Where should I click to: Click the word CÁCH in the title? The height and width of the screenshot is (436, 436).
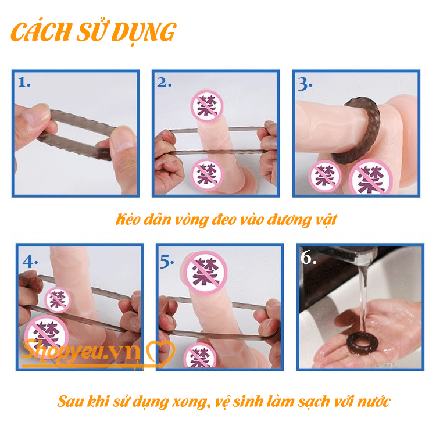pyautogui.click(x=41, y=32)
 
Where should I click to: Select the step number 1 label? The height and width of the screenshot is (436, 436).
pyautogui.click(x=24, y=83)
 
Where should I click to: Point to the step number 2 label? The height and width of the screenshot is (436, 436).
pyautogui.click(x=165, y=83)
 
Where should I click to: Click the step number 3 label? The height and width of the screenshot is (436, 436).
pyautogui.click(x=305, y=84)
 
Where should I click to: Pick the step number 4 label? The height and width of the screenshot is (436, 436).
pyautogui.click(x=30, y=262)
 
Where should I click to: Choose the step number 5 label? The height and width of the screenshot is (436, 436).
pyautogui.click(x=167, y=262)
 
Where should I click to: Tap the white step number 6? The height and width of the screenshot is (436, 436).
pyautogui.click(x=308, y=257)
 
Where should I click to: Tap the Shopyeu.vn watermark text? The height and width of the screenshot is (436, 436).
pyautogui.click(x=81, y=351)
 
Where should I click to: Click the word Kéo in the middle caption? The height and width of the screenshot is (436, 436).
pyautogui.click(x=128, y=220)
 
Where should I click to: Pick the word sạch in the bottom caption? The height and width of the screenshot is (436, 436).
pyautogui.click(x=314, y=402)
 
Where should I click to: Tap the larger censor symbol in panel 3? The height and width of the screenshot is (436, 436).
pyautogui.click(x=370, y=177)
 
